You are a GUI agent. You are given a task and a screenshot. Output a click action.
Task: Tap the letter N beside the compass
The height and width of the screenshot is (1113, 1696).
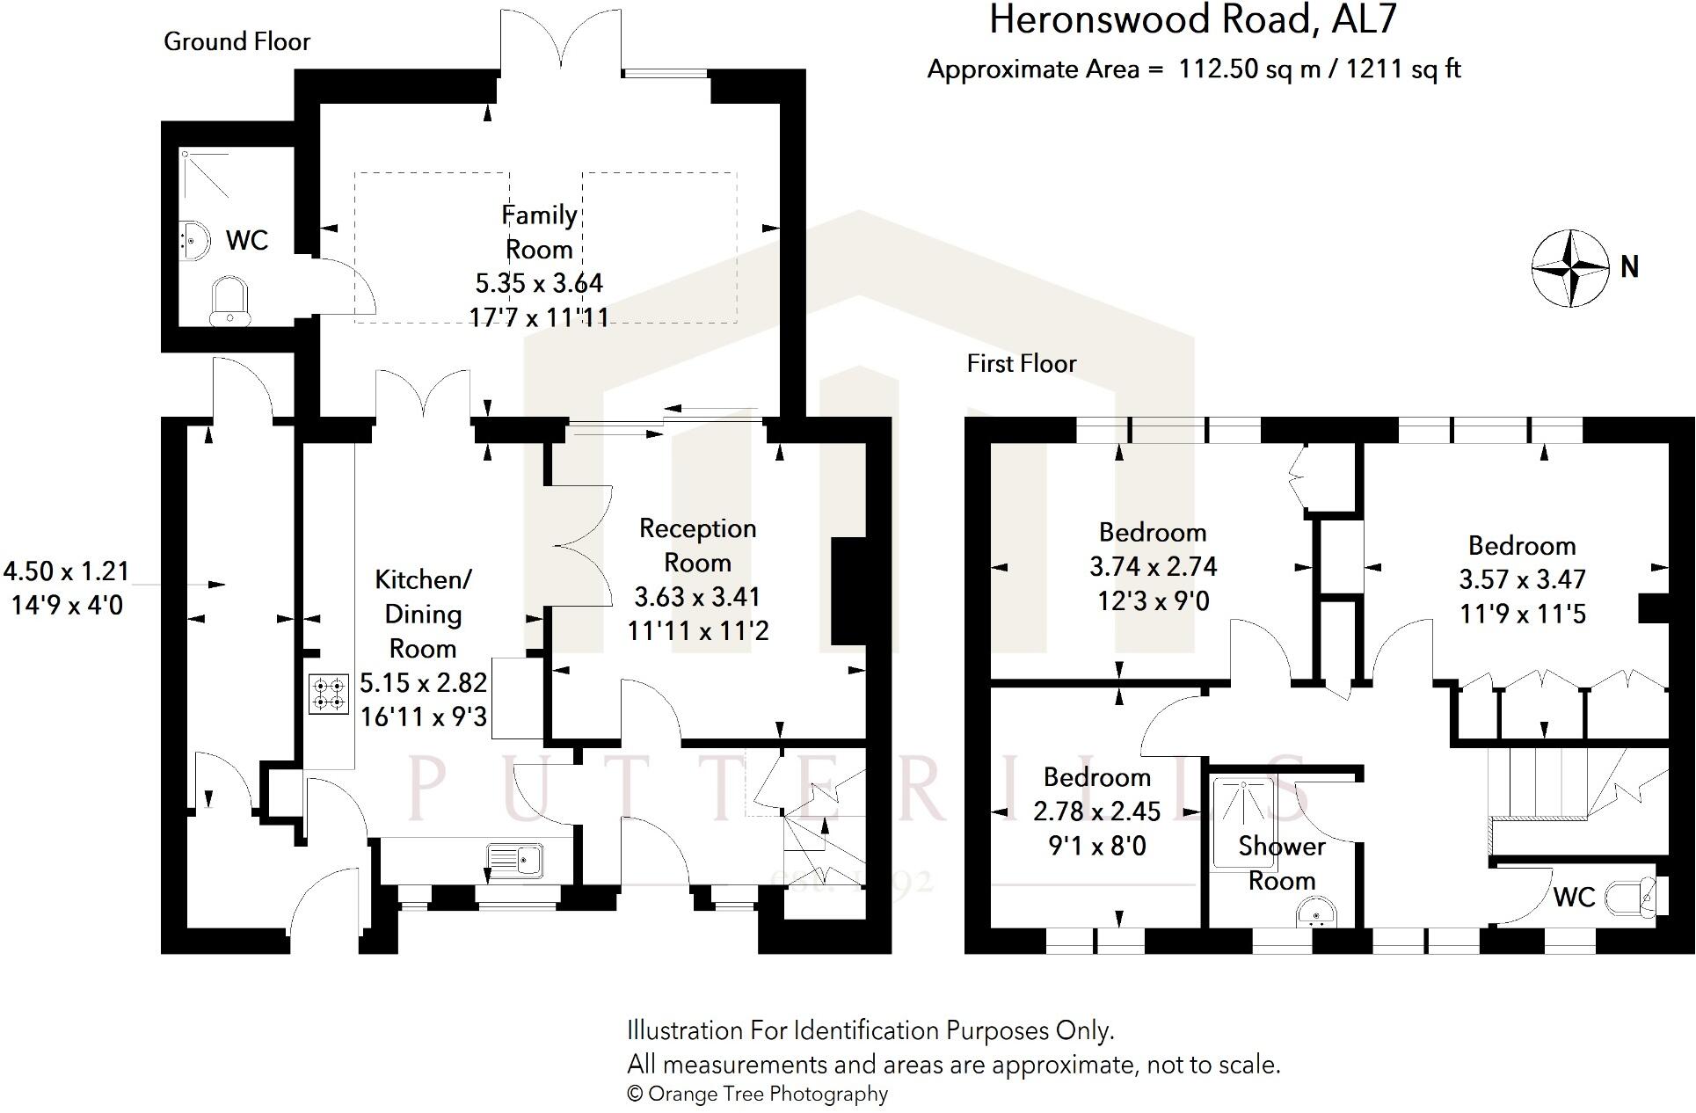pyautogui.click(x=1629, y=266)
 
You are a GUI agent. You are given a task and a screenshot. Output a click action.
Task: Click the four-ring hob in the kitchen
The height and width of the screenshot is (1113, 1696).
pyautogui.click(x=328, y=693)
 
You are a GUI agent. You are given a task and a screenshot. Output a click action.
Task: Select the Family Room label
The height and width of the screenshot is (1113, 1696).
pyautogui.click(x=539, y=232)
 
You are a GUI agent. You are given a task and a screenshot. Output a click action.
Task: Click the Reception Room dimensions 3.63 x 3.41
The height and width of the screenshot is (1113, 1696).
pyautogui.click(x=697, y=597)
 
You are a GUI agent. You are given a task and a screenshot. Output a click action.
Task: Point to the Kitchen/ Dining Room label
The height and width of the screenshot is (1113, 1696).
pyautogui.click(x=423, y=614)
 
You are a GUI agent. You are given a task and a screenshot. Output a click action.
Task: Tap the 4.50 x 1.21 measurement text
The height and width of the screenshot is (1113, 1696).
pyautogui.click(x=67, y=571)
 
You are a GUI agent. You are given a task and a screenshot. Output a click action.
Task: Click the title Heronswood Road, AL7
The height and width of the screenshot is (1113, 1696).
pyautogui.click(x=1192, y=20)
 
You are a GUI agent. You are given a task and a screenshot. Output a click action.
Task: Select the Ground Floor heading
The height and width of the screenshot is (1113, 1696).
pyautogui.click(x=237, y=41)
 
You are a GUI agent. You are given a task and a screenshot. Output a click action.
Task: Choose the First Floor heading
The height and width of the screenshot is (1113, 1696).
pyautogui.click(x=1021, y=363)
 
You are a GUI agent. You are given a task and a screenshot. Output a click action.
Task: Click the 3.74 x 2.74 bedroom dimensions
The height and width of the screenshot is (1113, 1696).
pyautogui.click(x=1153, y=566)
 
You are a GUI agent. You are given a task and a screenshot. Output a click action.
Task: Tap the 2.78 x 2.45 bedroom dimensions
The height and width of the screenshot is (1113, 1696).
pyautogui.click(x=1096, y=811)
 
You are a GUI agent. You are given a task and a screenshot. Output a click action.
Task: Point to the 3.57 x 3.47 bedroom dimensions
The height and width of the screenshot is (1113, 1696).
pyautogui.click(x=1522, y=579)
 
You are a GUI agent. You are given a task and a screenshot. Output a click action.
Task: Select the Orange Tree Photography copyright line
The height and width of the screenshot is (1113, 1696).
pyautogui.click(x=757, y=1094)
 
